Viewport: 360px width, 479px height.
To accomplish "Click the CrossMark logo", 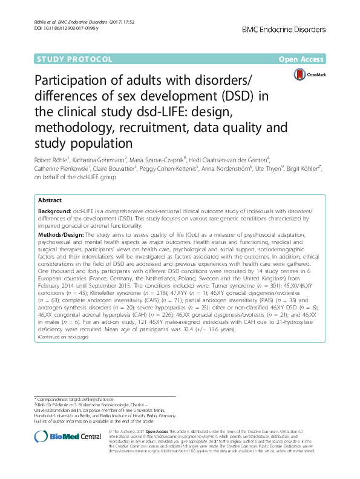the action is (309, 74).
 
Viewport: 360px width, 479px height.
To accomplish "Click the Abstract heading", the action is (50, 200).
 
